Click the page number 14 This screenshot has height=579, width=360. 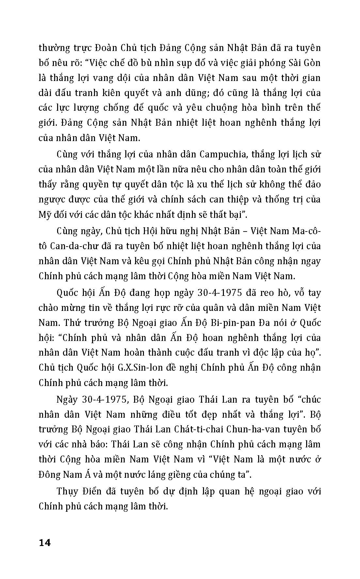click(x=45, y=543)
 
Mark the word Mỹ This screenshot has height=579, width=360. click(x=45, y=215)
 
